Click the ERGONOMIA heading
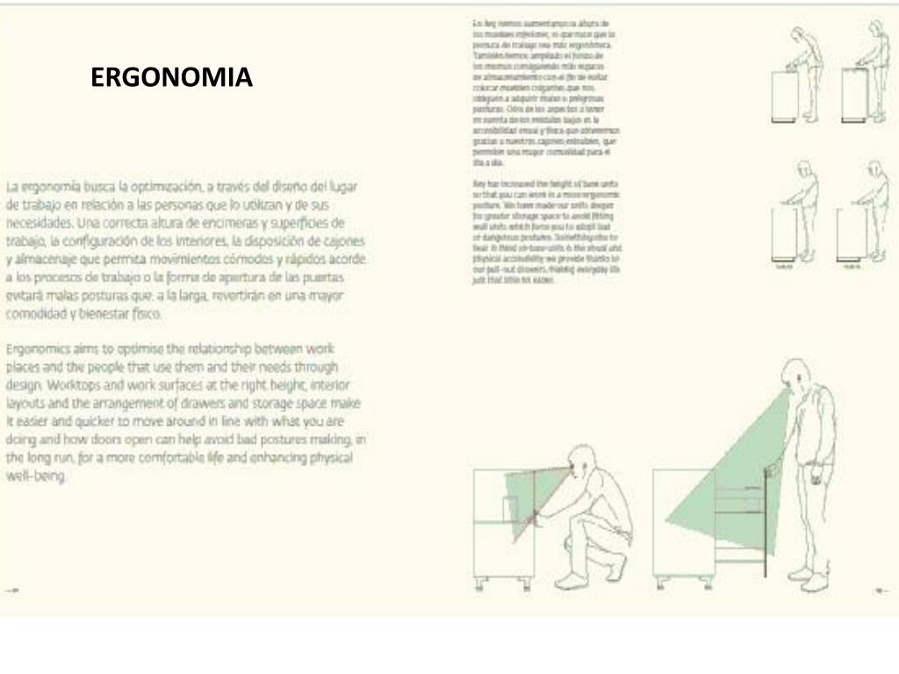click(171, 78)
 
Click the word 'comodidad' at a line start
click(40, 314)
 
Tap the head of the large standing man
click(795, 376)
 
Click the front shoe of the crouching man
click(571, 580)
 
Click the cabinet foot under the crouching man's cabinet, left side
click(479, 583)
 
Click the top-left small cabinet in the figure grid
click(785, 95)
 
